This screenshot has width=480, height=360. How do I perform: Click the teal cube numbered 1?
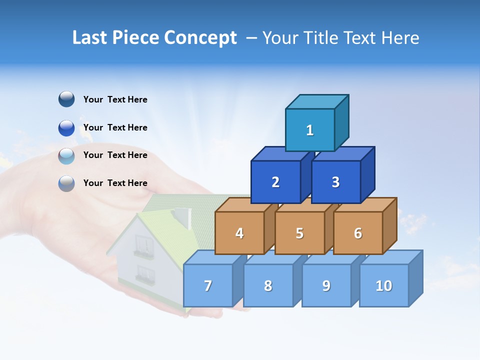click(310, 130)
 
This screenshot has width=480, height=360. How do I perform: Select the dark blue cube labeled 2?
click(275, 182)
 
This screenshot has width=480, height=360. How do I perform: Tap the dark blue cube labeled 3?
click(335, 182)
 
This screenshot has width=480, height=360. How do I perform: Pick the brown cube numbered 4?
click(239, 233)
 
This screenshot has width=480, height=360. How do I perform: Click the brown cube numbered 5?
click(299, 233)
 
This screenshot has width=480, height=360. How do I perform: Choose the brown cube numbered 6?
click(358, 233)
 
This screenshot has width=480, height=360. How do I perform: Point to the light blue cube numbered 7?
click(208, 285)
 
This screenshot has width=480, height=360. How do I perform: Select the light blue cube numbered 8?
click(268, 285)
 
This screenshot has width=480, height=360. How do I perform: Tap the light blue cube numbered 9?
click(326, 285)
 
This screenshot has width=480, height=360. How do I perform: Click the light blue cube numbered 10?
click(384, 285)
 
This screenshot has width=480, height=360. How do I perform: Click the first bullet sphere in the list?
click(66, 99)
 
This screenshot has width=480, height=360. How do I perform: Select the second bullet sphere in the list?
click(66, 127)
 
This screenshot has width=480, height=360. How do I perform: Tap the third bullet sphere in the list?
click(66, 155)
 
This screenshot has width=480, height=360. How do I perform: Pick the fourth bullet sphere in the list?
click(66, 183)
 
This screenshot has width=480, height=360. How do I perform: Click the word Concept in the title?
click(200, 38)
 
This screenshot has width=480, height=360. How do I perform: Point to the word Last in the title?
click(91, 38)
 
